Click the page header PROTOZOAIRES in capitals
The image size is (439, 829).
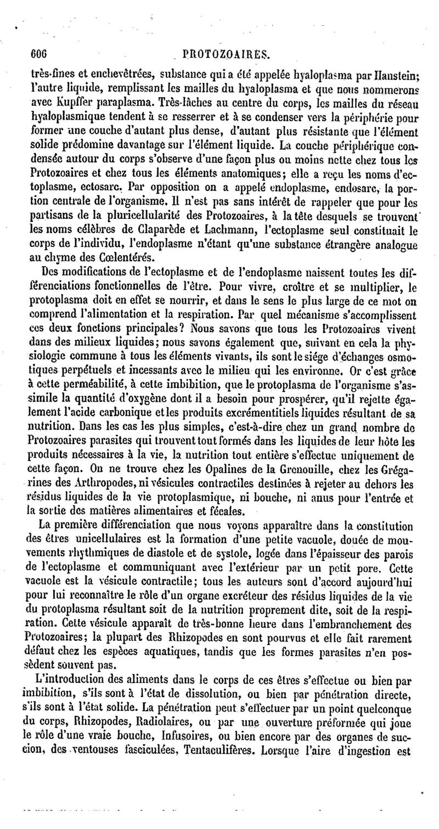tap(226, 55)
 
